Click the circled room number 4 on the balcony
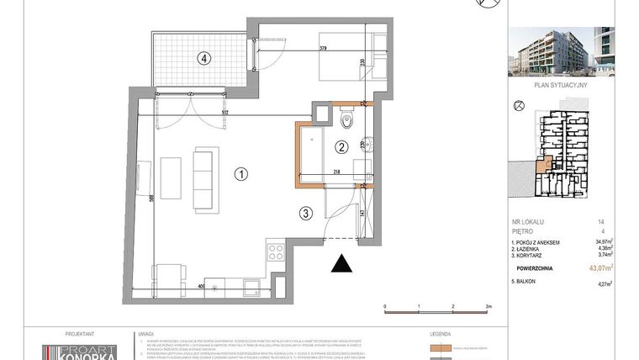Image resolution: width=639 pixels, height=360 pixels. click(x=202, y=59)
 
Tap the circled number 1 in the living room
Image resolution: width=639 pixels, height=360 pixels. click(x=240, y=175)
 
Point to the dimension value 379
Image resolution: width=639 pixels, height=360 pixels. click(x=324, y=48)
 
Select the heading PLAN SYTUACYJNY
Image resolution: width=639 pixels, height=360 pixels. click(x=561, y=85)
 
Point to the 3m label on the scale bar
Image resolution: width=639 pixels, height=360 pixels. click(x=488, y=306)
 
